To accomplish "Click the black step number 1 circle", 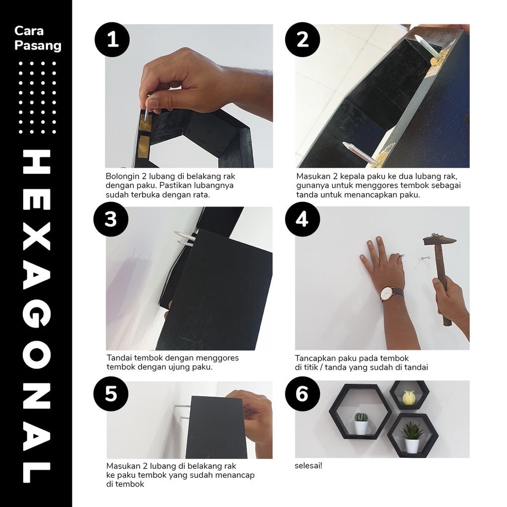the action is pyautogui.click(x=112, y=40).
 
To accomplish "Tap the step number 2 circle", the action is pyautogui.click(x=303, y=40).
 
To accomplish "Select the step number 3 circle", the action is pyautogui.click(x=111, y=219).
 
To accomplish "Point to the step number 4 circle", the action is pyautogui.click(x=303, y=219).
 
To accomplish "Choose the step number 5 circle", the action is pyautogui.click(x=111, y=394).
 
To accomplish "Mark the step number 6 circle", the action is pyautogui.click(x=303, y=394).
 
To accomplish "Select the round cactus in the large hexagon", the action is pyautogui.click(x=361, y=417).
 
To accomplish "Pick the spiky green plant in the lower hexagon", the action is pyautogui.click(x=411, y=430).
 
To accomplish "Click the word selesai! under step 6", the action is pyautogui.click(x=308, y=466).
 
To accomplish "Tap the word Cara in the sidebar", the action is pyautogui.click(x=29, y=31).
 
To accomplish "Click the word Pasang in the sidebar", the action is pyautogui.click(x=38, y=45).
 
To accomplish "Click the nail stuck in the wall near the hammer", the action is pyautogui.click(x=425, y=258).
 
